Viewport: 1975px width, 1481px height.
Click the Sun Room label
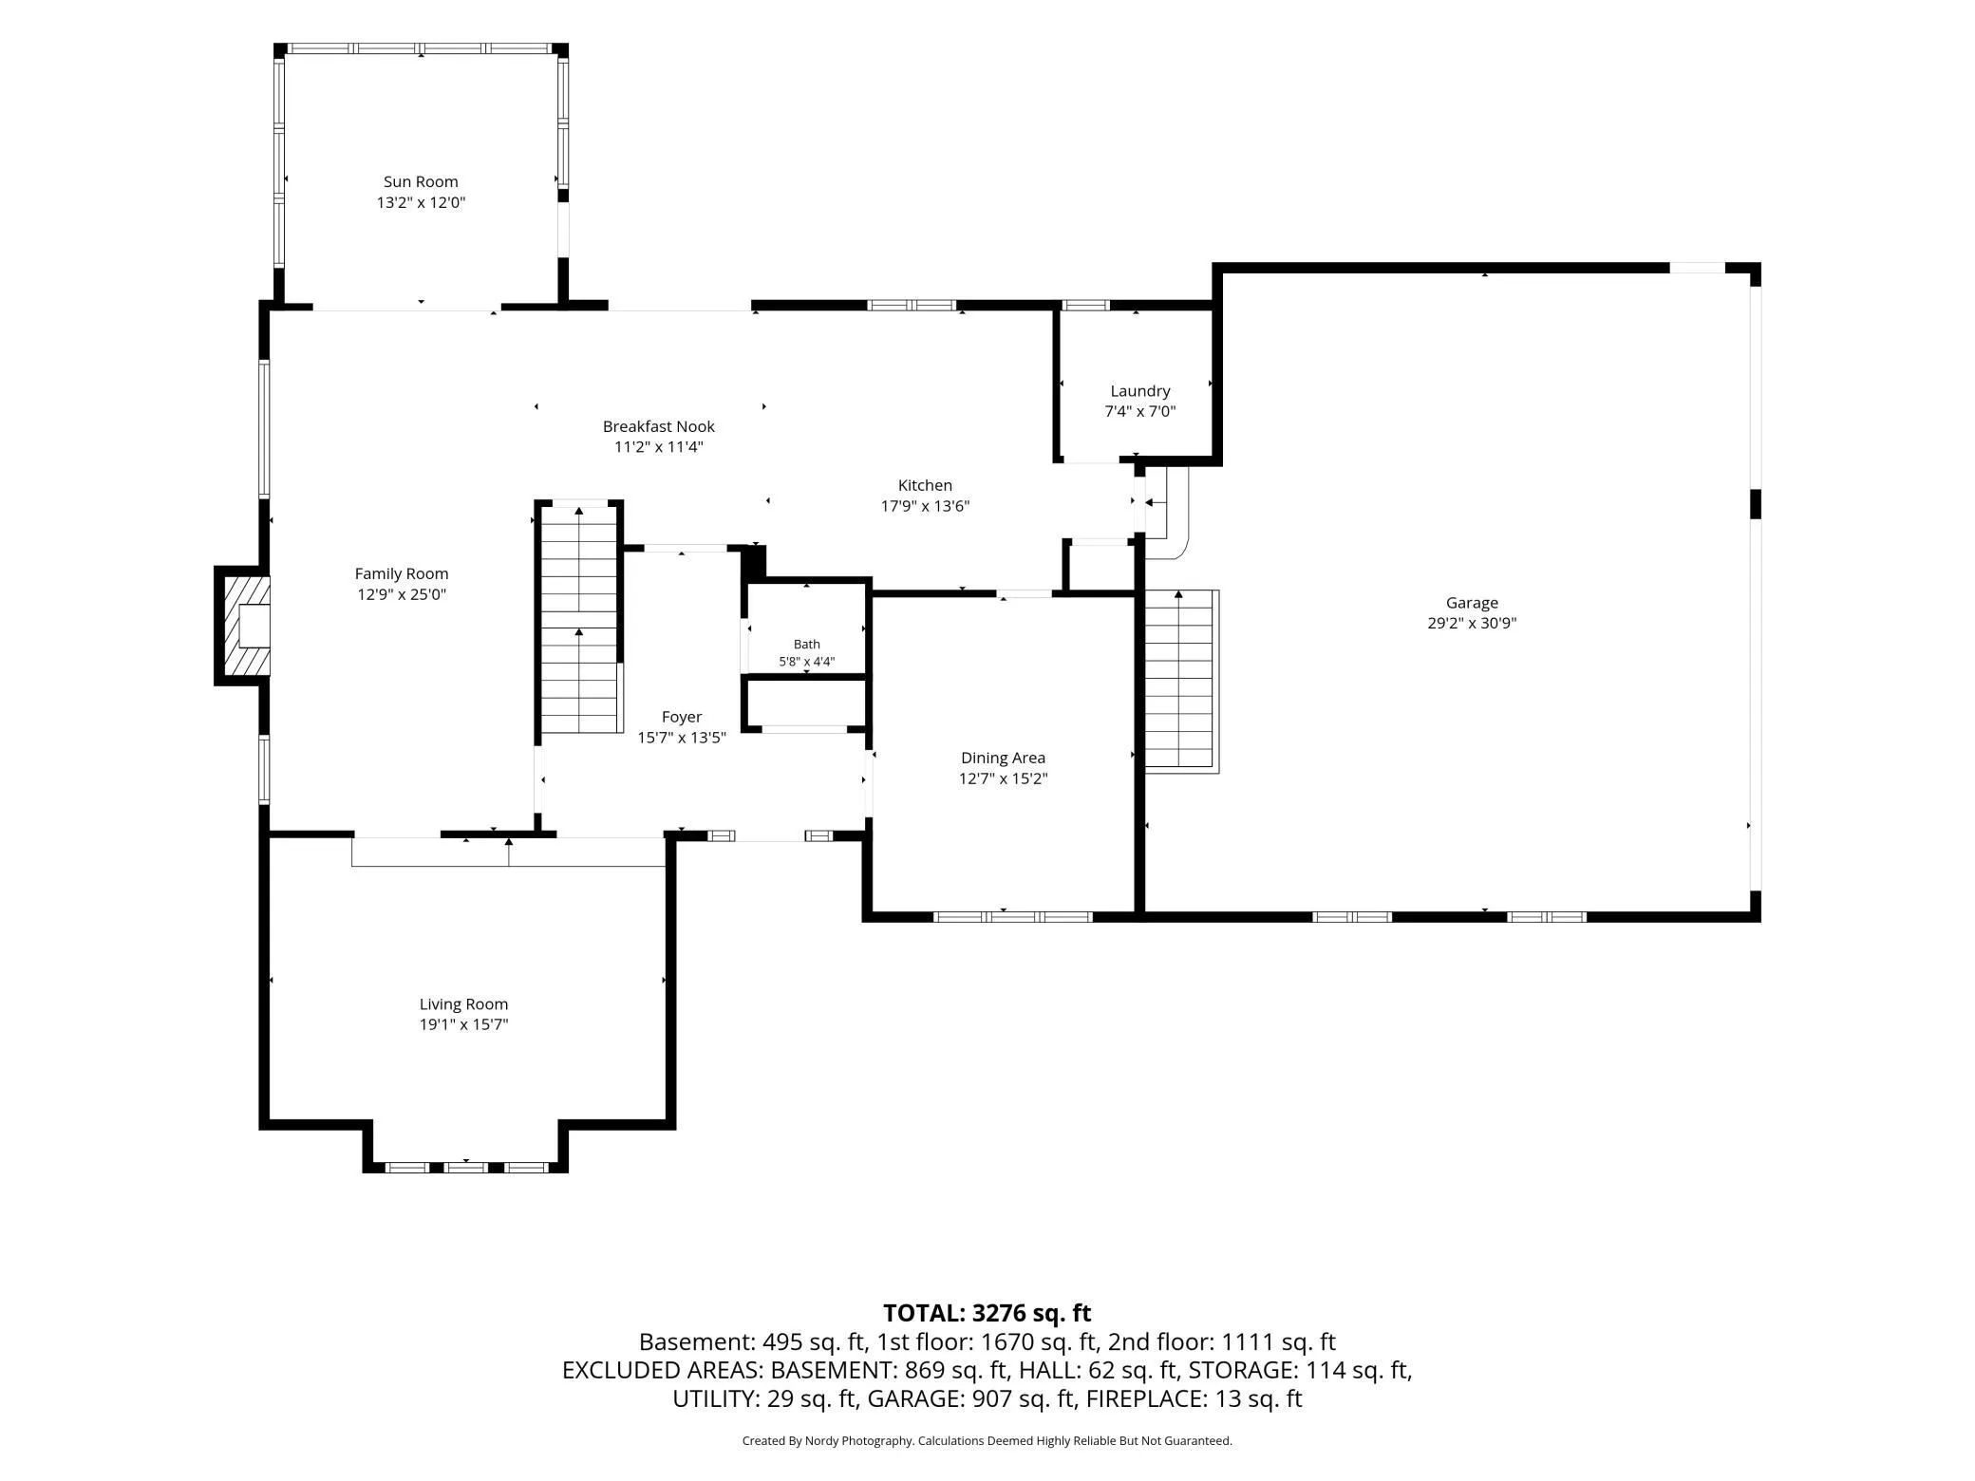pyautogui.click(x=421, y=181)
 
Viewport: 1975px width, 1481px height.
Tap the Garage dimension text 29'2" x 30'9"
pyautogui.click(x=1472, y=624)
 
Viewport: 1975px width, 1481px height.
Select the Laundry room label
pyautogui.click(x=1140, y=391)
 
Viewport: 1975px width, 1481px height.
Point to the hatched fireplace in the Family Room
pyautogui.click(x=243, y=626)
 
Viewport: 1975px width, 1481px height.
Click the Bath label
pyautogui.click(x=807, y=645)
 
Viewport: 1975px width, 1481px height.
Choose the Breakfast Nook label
pyautogui.click(x=659, y=426)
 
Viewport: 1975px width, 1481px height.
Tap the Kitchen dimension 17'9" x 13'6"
pyautogui.click(x=926, y=506)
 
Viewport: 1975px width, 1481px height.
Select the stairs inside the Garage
pyautogui.click(x=1179, y=680)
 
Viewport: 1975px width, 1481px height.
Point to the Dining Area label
pyautogui.click(x=1004, y=758)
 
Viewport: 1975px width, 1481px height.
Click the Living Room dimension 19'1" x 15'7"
pyautogui.click(x=464, y=1024)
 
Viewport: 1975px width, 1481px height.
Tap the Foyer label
pyautogui.click(x=682, y=718)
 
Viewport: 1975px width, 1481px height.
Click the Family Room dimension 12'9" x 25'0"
pyautogui.click(x=402, y=594)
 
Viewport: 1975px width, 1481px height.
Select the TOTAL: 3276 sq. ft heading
pyautogui.click(x=987, y=1313)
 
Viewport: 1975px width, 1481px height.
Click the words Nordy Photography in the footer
pyautogui.click(x=859, y=1441)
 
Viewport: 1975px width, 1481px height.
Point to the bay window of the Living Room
pyautogui.click(x=466, y=1167)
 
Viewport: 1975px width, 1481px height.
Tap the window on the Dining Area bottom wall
pyautogui.click(x=1013, y=917)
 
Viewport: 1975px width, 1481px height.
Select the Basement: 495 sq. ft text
pyautogui.click(x=752, y=1342)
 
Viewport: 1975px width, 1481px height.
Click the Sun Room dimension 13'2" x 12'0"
pyautogui.click(x=421, y=202)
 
